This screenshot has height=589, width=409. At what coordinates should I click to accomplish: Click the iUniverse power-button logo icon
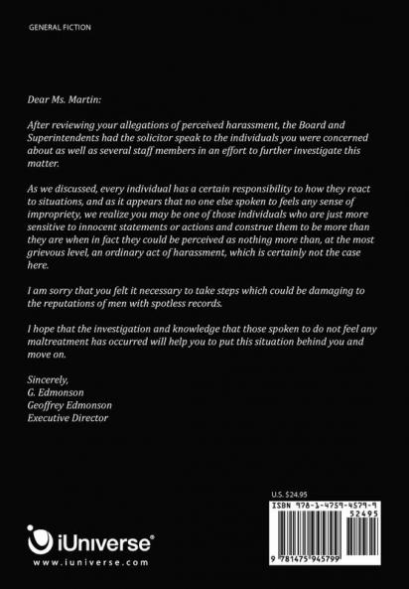click(40, 542)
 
